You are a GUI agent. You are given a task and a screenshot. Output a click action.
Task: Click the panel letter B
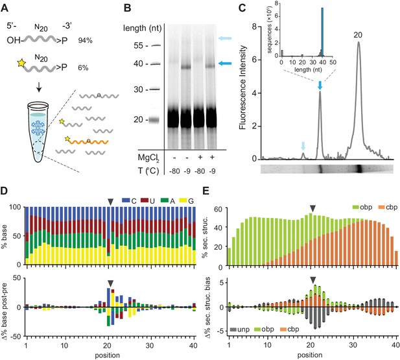click(127, 8)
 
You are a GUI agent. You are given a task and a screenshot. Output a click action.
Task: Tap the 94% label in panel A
click(86, 40)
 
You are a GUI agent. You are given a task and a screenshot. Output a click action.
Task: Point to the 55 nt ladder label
click(139, 45)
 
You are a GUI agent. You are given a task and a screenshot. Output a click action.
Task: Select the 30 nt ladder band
click(155, 90)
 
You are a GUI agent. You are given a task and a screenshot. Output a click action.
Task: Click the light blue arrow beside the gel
click(225, 38)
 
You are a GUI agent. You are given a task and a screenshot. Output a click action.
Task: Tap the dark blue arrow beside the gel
click(225, 64)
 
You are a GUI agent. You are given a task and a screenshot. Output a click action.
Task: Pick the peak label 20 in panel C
click(358, 35)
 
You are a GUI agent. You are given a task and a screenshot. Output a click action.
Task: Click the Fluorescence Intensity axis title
click(242, 88)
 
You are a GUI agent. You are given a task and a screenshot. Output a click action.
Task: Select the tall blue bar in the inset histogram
click(322, 32)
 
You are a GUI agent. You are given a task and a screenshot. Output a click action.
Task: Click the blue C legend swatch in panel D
click(126, 200)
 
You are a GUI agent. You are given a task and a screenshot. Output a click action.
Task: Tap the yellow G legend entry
click(187, 201)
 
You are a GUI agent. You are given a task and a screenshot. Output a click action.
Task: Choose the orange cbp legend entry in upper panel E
click(388, 207)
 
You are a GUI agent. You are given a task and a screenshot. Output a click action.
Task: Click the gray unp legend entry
click(240, 329)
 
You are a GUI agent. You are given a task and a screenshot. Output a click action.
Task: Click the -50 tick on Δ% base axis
click(17, 337)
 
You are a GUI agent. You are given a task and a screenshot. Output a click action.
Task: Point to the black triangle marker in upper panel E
click(312, 208)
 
